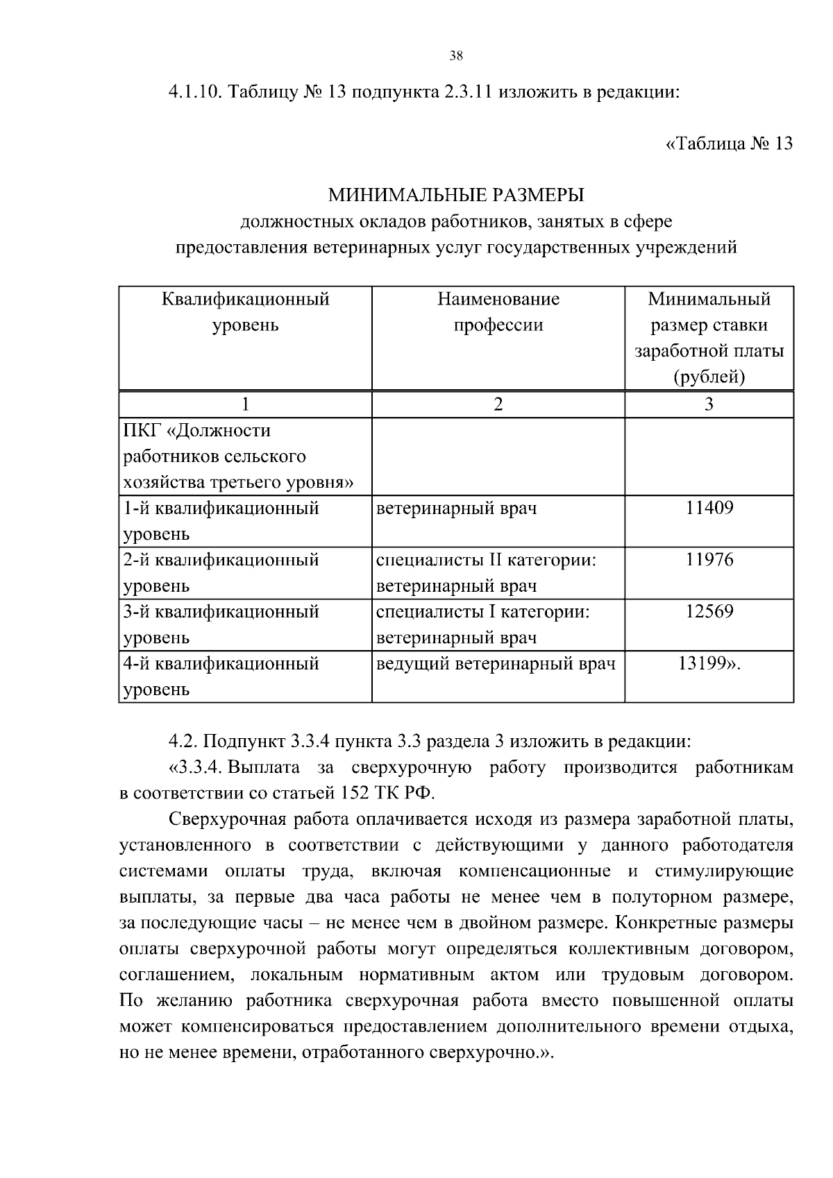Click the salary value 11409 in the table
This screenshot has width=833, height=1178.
[709, 508]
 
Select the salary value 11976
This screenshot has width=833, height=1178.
[709, 560]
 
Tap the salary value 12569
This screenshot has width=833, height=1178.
[709, 612]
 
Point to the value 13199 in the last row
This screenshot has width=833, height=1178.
[704, 664]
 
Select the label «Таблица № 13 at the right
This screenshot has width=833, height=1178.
[729, 144]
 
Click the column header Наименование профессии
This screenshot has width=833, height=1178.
[498, 312]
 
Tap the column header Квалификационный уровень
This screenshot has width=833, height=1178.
[245, 312]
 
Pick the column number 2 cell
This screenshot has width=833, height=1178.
[498, 404]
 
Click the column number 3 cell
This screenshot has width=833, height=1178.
[709, 404]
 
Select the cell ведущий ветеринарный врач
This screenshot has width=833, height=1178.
[496, 664]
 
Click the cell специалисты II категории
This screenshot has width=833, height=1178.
[486, 560]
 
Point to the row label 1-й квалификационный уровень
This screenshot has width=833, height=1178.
[221, 520]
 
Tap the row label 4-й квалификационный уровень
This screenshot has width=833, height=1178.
[221, 676]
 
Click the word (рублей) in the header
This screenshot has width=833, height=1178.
[709, 377]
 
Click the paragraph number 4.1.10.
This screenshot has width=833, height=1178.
[194, 92]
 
